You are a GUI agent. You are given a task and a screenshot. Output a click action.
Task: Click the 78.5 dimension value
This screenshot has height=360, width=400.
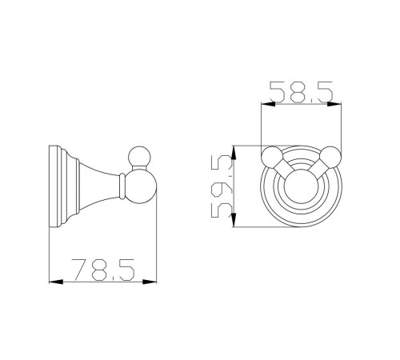pyautogui.click(x=103, y=270)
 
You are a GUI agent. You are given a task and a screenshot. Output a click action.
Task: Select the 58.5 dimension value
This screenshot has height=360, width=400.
pyautogui.click(x=302, y=92)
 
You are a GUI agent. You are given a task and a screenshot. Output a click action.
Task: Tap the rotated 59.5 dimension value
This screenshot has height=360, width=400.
pyautogui.click(x=222, y=186)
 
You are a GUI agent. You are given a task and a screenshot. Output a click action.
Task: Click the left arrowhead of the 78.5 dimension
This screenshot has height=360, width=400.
pyautogui.click(x=56, y=282)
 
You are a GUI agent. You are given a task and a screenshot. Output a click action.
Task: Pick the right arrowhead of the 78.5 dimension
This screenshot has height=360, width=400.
pyautogui.click(x=150, y=282)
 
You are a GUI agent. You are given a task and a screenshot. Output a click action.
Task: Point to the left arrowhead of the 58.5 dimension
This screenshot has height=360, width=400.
pyautogui.click(x=268, y=104)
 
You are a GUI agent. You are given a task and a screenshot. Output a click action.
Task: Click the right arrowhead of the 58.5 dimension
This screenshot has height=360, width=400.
pyautogui.click(x=334, y=104)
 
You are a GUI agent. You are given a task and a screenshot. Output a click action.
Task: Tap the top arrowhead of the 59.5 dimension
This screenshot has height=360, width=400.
pyautogui.click(x=234, y=153)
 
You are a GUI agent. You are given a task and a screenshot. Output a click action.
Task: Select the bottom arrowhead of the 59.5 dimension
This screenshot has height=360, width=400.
pyautogui.click(x=234, y=220)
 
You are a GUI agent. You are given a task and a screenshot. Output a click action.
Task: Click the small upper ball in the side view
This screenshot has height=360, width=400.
pyautogui.click(x=140, y=157)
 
